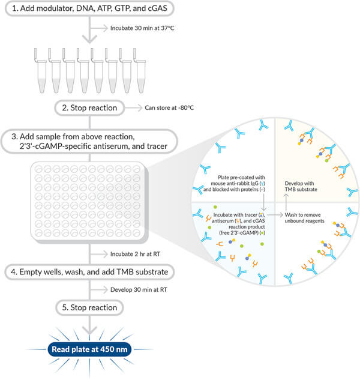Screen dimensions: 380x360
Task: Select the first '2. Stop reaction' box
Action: pos(89,108)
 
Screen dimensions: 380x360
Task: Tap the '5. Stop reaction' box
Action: pos(89,307)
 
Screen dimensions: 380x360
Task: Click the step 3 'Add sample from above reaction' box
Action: pos(89,140)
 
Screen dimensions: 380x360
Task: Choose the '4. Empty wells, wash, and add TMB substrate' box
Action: pos(89,272)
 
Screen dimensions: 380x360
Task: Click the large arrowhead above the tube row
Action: pos(89,39)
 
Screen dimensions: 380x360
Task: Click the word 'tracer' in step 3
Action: pos(160,146)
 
